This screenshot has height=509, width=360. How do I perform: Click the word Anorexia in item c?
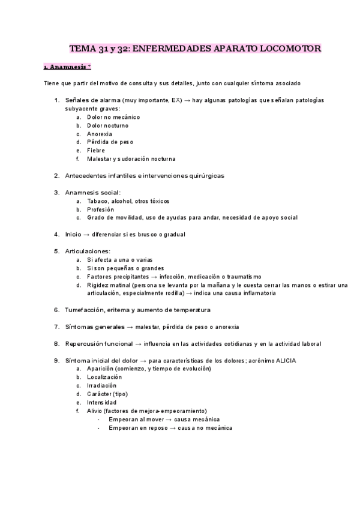pyautogui.click(x=100, y=134)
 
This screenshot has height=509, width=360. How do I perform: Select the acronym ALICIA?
pyautogui.click(x=286, y=360)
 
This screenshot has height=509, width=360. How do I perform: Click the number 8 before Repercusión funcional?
pyautogui.click(x=56, y=343)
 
